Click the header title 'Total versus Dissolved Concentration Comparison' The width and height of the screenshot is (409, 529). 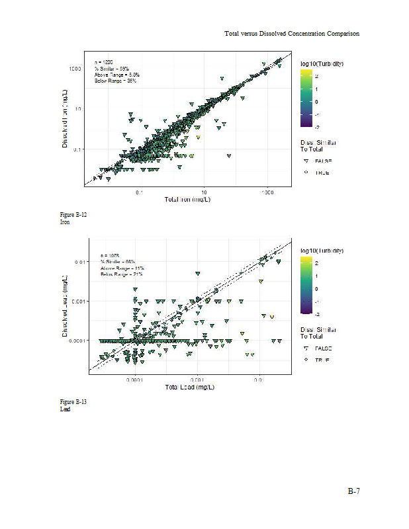(291, 33)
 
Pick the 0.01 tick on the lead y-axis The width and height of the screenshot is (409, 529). (78, 262)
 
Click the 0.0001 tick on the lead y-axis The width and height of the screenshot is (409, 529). (75, 341)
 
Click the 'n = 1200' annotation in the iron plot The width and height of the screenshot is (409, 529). (103, 61)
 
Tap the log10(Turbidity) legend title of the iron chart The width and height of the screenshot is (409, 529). (321, 63)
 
